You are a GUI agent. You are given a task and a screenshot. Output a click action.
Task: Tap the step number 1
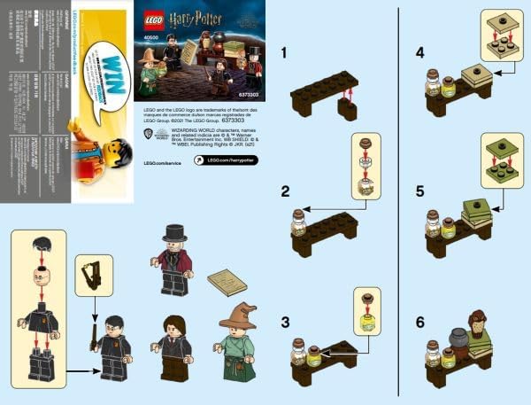(x=284, y=52)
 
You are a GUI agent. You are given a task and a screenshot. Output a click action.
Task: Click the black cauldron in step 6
(x=458, y=339)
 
